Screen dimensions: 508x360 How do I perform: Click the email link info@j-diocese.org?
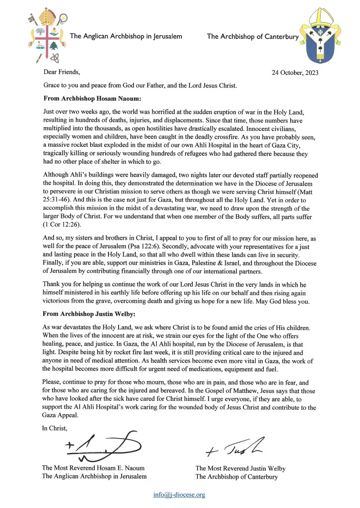click(x=179, y=495)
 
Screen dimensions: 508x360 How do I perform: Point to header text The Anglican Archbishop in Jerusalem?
click(x=126, y=36)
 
